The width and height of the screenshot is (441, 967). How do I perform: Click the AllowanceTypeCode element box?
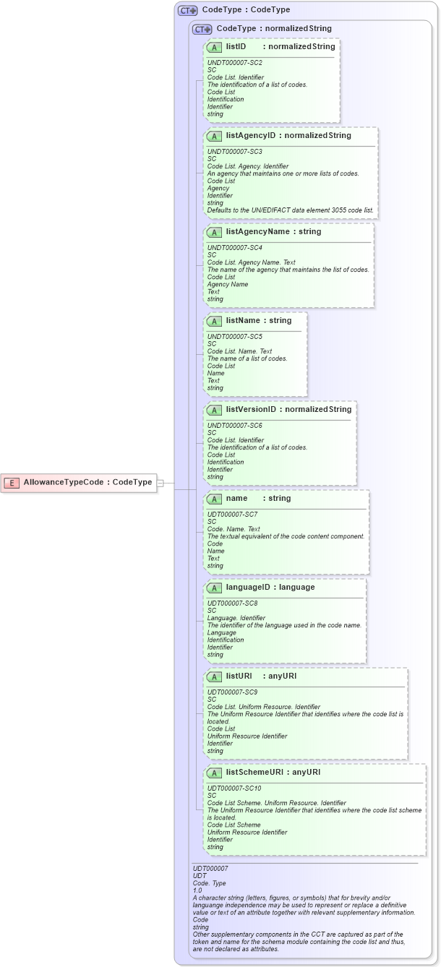point(80,483)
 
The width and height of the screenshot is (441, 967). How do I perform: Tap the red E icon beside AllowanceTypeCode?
point(12,483)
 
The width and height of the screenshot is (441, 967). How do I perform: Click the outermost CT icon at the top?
point(188,11)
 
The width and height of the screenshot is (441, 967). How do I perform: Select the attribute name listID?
point(236,46)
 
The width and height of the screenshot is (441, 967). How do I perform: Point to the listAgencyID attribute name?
point(252,135)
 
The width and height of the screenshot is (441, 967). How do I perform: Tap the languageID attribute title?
point(249,588)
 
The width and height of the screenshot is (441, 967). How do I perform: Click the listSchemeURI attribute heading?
point(257,773)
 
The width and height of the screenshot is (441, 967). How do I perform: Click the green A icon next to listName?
point(214,321)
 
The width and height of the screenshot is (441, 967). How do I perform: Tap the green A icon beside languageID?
point(214,588)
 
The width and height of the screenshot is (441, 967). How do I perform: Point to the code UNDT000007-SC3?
point(235,151)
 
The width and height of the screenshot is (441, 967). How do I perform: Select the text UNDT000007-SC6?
point(235,425)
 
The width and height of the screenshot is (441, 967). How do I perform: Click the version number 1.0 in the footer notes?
point(197,890)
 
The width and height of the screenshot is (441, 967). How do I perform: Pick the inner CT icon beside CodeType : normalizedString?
point(202,30)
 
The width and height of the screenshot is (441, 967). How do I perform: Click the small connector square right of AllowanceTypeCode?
point(160,483)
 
